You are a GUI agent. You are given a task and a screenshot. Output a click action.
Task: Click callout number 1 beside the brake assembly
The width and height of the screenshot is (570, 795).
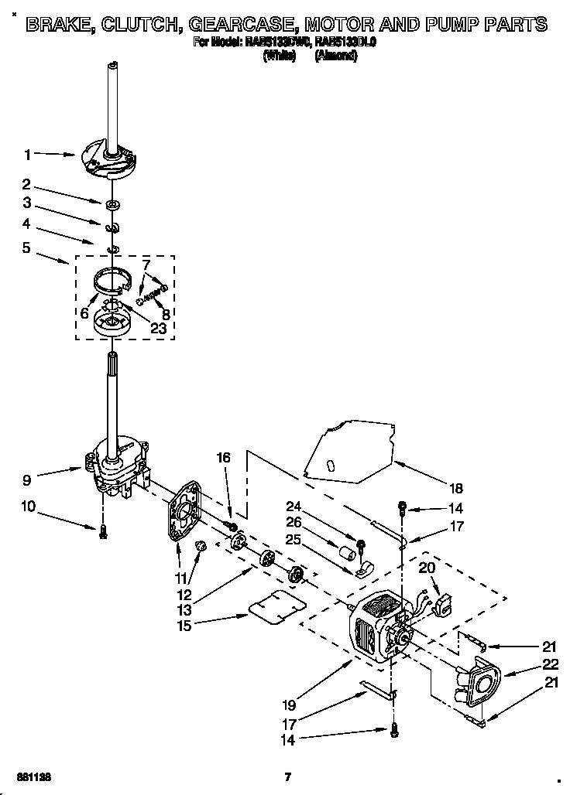pos(27,155)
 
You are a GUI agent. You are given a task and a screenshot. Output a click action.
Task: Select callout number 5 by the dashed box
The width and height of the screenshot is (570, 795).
pos(27,249)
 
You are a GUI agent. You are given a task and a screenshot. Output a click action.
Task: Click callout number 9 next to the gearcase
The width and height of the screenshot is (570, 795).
pos(27,479)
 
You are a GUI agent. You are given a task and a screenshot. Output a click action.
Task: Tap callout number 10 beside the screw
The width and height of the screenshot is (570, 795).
pos(29,507)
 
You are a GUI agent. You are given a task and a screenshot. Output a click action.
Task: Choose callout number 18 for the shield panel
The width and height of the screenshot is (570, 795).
pos(455,488)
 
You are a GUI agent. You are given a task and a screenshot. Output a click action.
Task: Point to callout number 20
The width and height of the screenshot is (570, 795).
pos(427,567)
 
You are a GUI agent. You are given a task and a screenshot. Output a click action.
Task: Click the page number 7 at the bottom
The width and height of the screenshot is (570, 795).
pos(287,776)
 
